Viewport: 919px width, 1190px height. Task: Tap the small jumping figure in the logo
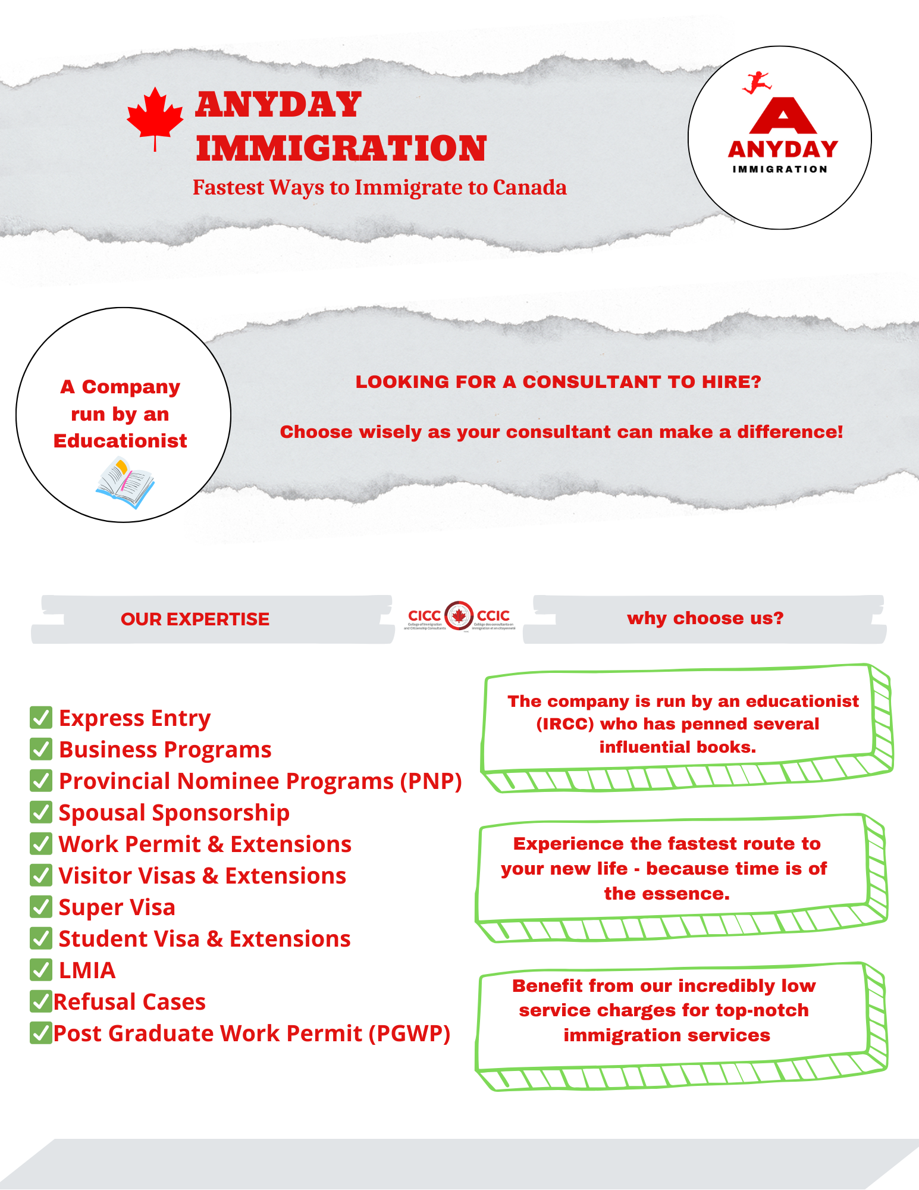coord(756,82)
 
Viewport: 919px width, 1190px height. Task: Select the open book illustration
coord(125,483)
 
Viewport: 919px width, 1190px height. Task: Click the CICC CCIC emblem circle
coord(459,616)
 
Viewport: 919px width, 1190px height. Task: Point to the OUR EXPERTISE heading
coord(195,619)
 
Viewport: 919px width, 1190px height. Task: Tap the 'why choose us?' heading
coord(705,618)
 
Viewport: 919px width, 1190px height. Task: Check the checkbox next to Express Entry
coord(40,718)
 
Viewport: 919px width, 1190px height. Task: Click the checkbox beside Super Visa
coord(40,907)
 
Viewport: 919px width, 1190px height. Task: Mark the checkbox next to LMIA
coord(40,970)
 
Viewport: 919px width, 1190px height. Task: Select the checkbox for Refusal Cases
coord(40,1001)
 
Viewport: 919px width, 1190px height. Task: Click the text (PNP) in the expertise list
coord(431,781)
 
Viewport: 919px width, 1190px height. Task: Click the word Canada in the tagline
coord(529,187)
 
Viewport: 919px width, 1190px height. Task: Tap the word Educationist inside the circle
coord(120,441)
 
